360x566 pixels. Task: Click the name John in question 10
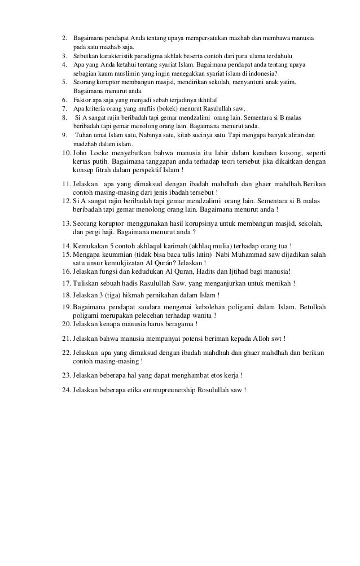pos(81,153)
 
